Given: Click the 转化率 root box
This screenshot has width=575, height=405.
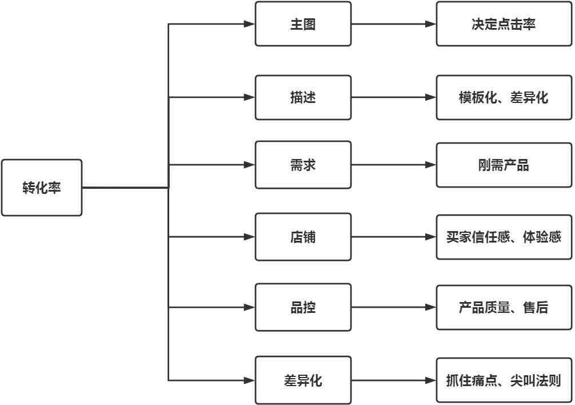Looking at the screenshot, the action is pyautogui.click(x=42, y=188).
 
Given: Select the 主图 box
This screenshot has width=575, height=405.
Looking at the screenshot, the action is pyautogui.click(x=303, y=24).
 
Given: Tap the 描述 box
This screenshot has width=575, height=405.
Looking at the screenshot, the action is pyautogui.click(x=303, y=97).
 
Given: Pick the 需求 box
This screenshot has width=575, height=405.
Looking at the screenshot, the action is pyautogui.click(x=303, y=165).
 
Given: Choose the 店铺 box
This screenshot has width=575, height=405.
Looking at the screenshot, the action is pyautogui.click(x=303, y=237).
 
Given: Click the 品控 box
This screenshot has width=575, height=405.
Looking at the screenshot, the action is pyautogui.click(x=303, y=307).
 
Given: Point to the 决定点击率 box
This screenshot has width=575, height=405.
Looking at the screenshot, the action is pyautogui.click(x=504, y=24).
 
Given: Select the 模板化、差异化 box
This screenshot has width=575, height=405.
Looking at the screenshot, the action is pyautogui.click(x=504, y=97).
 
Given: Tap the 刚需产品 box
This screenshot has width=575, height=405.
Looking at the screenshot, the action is pyautogui.click(x=504, y=165).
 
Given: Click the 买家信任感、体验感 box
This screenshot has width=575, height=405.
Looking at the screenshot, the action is pyautogui.click(x=504, y=237).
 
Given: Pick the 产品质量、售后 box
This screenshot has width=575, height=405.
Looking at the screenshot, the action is pyautogui.click(x=504, y=307).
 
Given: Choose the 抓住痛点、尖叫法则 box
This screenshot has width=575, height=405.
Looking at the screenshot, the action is pyautogui.click(x=504, y=380).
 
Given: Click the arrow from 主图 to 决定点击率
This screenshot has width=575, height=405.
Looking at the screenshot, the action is pyautogui.click(x=394, y=24).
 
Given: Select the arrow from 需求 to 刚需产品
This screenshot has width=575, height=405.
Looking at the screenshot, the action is pyautogui.click(x=394, y=165).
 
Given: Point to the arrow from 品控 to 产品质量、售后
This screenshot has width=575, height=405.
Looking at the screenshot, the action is pyautogui.click(x=394, y=307).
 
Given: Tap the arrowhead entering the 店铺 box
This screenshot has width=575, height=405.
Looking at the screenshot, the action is pyautogui.click(x=249, y=237).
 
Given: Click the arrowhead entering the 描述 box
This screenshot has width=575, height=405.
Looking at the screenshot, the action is pyautogui.click(x=249, y=97).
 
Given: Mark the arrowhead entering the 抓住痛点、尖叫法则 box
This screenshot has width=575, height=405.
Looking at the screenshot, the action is pyautogui.click(x=430, y=380).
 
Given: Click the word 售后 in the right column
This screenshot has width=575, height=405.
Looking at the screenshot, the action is pyautogui.click(x=536, y=307).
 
